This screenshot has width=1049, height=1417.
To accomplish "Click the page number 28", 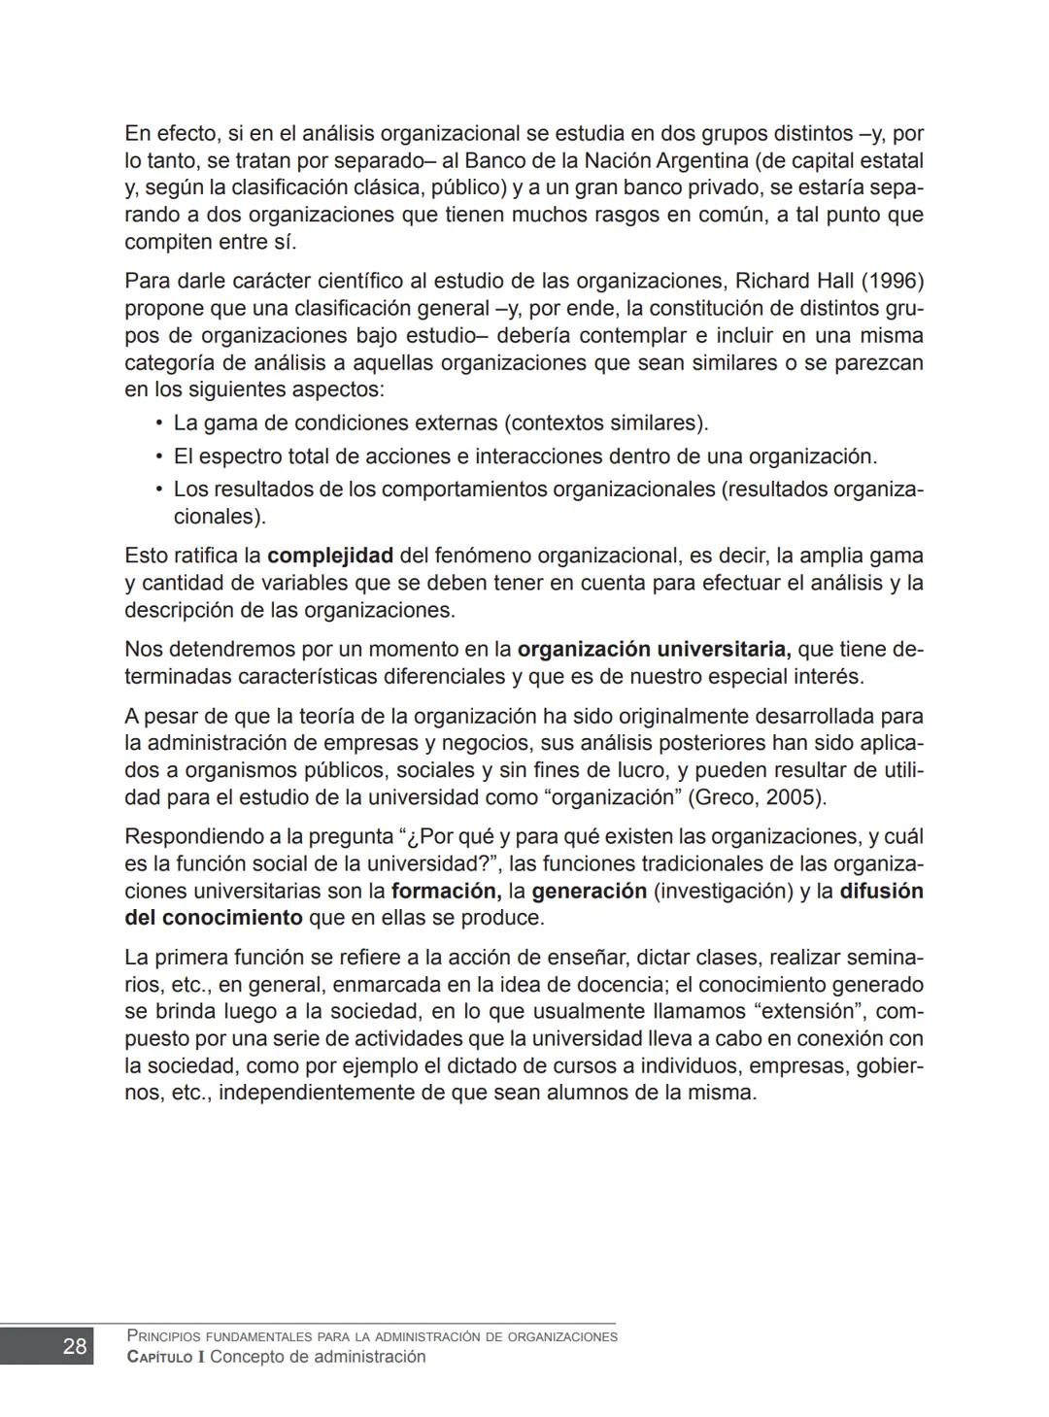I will pyautogui.click(x=74, y=1346).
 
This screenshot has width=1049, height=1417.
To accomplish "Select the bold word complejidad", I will pyautogui.click(x=329, y=556).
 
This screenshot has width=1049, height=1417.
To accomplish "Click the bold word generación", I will pyautogui.click(x=589, y=891).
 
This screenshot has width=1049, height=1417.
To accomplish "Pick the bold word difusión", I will pyautogui.click(x=881, y=891).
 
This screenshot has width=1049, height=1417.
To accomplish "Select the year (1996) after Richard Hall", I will pyautogui.click(x=893, y=282).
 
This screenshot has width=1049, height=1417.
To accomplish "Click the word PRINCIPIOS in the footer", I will pyautogui.click(x=164, y=1336).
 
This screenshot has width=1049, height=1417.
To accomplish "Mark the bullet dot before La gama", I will pyautogui.click(x=158, y=423).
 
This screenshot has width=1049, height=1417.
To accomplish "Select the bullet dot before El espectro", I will pyautogui.click(x=158, y=456).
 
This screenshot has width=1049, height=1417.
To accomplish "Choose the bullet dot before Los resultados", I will pyautogui.click(x=158, y=489).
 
